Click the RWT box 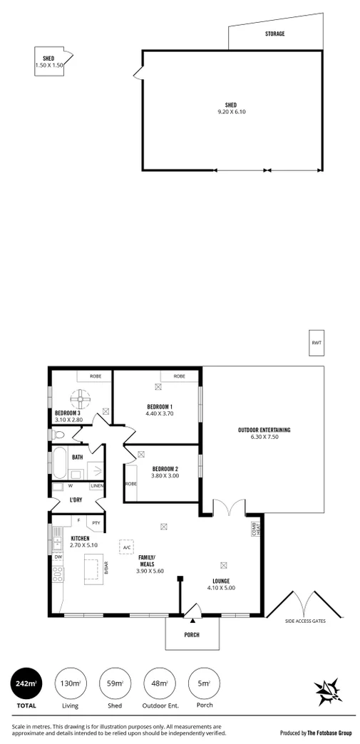[316, 343]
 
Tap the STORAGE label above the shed [274, 33]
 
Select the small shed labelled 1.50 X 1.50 [49, 61]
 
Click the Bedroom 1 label [159, 407]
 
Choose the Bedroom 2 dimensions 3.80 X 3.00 [165, 475]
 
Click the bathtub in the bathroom [61, 463]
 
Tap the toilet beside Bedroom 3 [60, 433]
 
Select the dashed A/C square [126, 547]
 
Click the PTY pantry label [96, 522]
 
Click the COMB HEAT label [253, 529]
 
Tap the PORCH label [192, 635]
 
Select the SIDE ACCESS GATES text [305, 621]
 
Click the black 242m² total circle [25, 684]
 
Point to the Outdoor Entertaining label [264, 430]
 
